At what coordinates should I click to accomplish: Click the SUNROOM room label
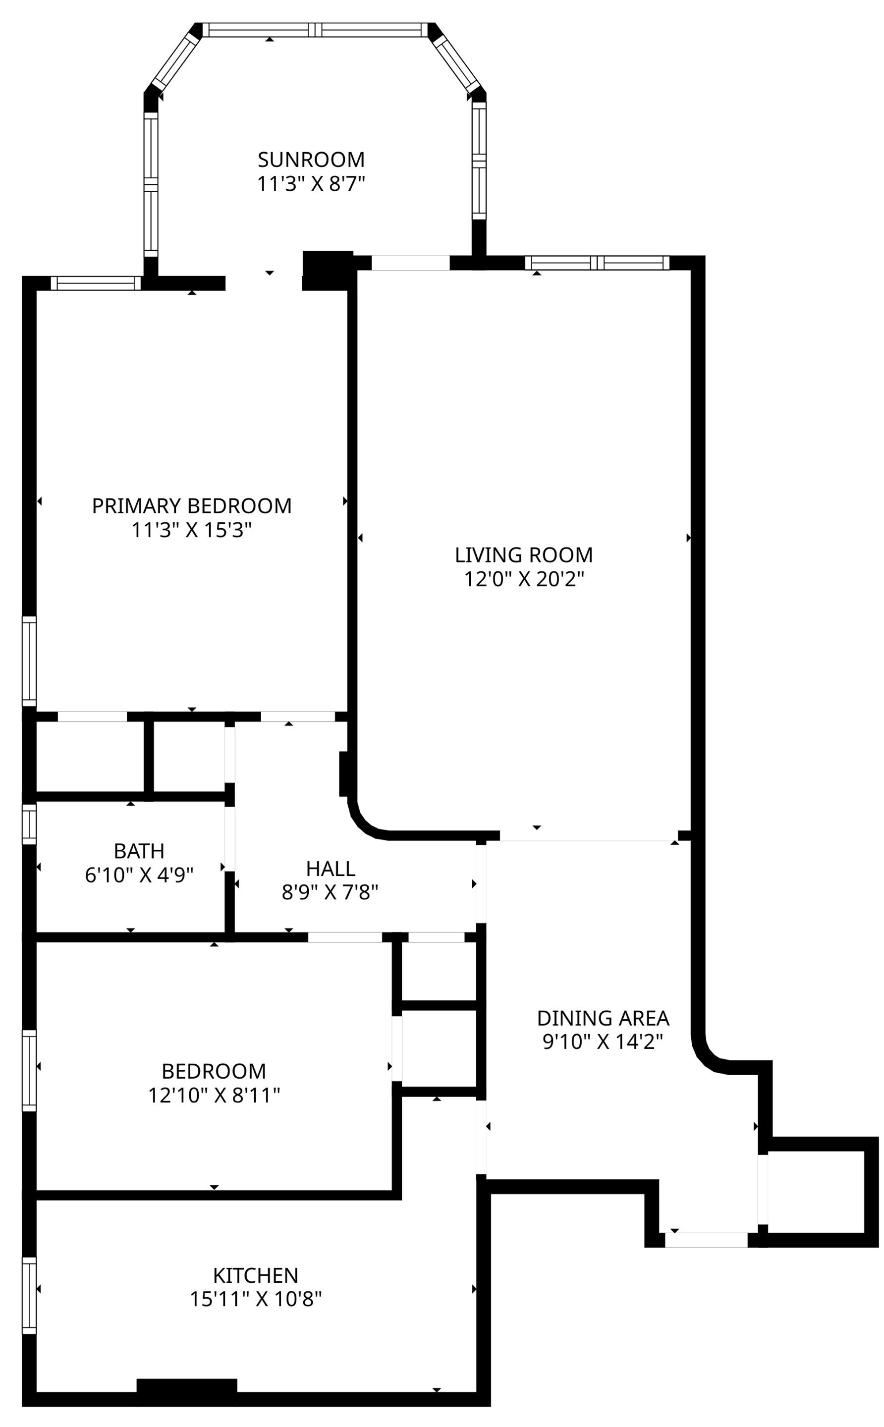click(311, 159)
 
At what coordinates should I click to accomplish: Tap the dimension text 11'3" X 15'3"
click(192, 530)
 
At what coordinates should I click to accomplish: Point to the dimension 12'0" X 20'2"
click(524, 579)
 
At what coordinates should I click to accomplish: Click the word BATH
click(139, 851)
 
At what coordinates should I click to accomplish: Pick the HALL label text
click(331, 869)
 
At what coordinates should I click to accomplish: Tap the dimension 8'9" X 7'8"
click(331, 893)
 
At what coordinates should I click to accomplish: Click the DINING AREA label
click(603, 1018)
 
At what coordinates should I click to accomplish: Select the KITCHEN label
click(256, 1275)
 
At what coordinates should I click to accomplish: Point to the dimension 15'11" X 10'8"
click(256, 1299)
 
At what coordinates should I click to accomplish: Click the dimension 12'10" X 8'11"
click(214, 1095)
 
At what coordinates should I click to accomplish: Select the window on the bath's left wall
click(29, 824)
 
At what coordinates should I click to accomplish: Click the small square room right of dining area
click(816, 1192)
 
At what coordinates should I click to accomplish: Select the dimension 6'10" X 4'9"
click(139, 875)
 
